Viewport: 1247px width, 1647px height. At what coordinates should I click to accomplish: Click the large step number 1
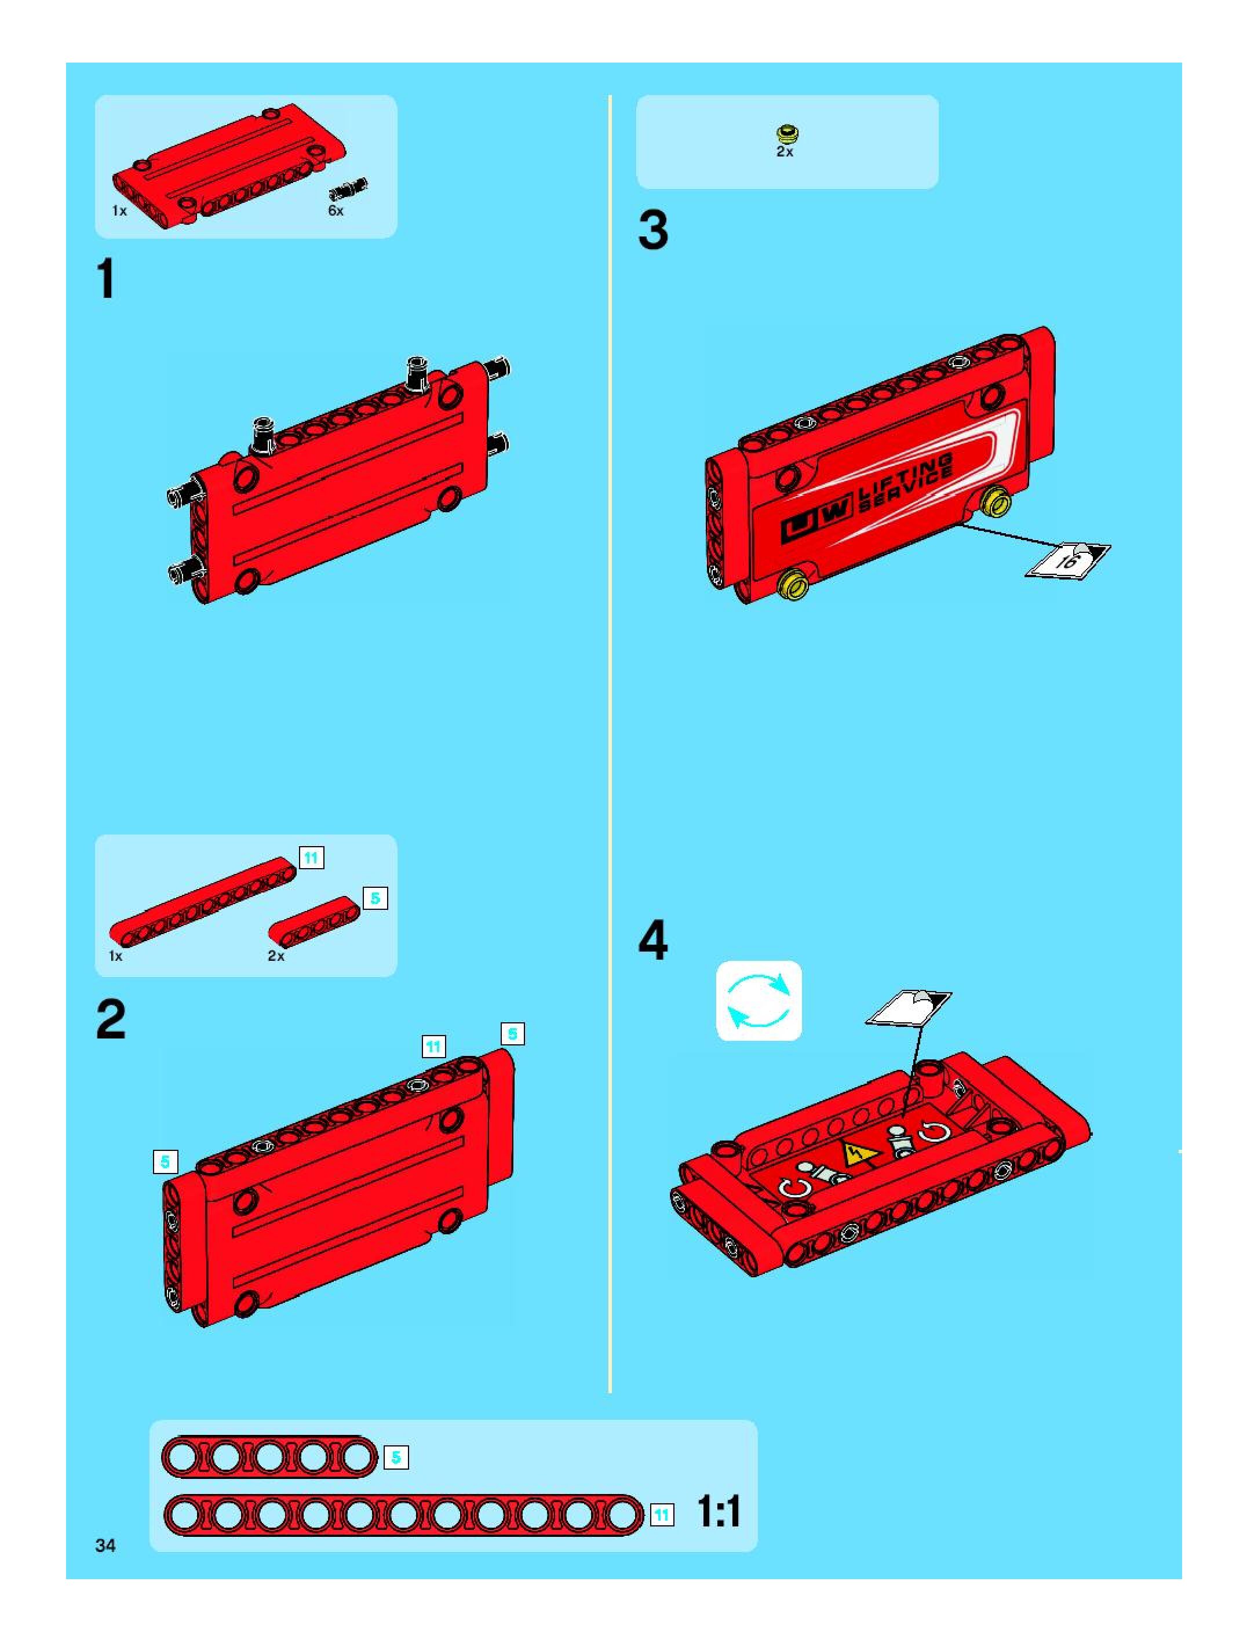pyautogui.click(x=107, y=279)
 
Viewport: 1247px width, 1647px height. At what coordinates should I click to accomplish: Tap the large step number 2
pyautogui.click(x=111, y=1019)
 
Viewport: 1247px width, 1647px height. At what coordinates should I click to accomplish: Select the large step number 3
pyautogui.click(x=653, y=230)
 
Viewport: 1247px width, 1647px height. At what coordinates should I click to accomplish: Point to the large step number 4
pyautogui.click(x=653, y=941)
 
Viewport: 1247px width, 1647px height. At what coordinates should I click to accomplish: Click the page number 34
pyautogui.click(x=105, y=1545)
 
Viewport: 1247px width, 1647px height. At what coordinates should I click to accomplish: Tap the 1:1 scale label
pyautogui.click(x=719, y=1511)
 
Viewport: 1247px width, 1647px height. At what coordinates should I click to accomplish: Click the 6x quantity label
pyautogui.click(x=336, y=211)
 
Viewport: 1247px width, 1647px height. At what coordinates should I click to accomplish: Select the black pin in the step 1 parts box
pyautogui.click(x=348, y=189)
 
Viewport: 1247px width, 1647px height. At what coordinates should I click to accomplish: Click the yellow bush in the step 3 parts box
pyautogui.click(x=785, y=134)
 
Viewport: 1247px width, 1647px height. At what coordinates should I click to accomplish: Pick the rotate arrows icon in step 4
pyautogui.click(x=759, y=1001)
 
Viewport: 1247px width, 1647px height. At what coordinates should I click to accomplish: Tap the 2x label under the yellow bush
pyautogui.click(x=785, y=151)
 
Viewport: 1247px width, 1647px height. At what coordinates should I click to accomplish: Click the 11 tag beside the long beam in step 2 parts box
pyautogui.click(x=311, y=858)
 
